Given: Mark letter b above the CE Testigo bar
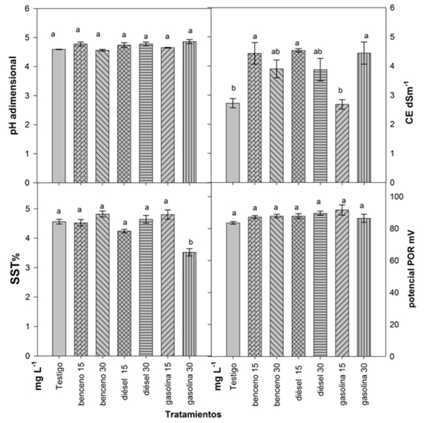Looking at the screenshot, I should click(x=233, y=88).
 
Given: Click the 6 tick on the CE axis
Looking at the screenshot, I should click(x=393, y=8).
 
